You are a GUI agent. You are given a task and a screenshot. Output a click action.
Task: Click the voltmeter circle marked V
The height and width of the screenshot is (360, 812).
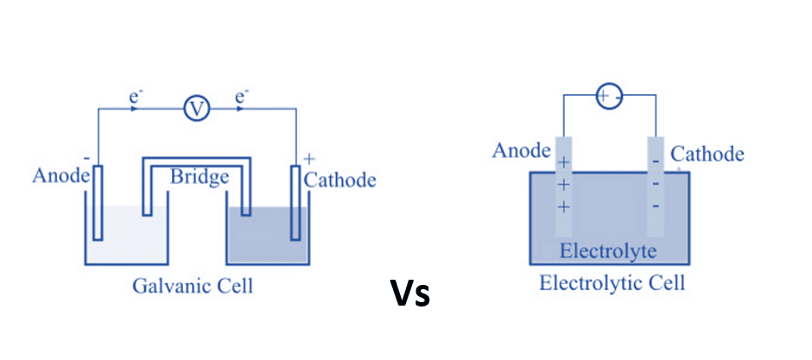click(x=197, y=109)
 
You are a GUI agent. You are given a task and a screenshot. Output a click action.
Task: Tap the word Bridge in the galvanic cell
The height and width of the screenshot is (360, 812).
click(x=200, y=178)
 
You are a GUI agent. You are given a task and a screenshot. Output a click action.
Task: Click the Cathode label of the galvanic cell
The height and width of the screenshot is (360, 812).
click(x=340, y=180)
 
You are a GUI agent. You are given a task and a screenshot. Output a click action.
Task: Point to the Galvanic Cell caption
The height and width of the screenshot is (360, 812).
click(x=193, y=286)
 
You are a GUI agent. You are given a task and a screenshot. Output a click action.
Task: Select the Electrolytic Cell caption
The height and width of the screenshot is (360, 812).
click(x=612, y=282)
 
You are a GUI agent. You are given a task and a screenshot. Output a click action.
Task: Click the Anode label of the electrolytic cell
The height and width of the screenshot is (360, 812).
click(x=521, y=151)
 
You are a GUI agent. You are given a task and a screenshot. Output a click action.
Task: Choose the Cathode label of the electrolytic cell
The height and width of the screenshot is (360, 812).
click(x=707, y=155)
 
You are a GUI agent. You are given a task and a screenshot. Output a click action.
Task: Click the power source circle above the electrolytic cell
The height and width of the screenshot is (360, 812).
click(x=608, y=97)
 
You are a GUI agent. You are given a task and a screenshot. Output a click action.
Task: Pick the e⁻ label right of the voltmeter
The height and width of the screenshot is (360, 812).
click(x=243, y=98)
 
